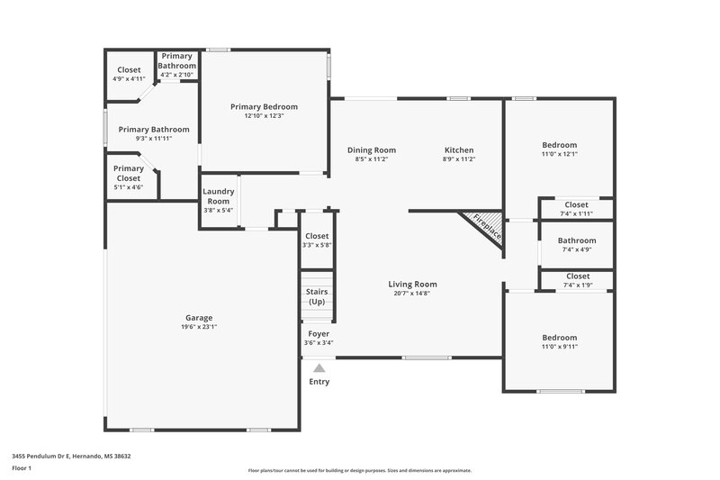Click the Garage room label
199,318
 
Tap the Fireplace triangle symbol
482,225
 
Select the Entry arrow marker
319,367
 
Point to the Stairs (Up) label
317,296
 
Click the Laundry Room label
219,195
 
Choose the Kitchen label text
458,149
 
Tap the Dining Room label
372,149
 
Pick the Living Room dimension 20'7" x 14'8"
412,294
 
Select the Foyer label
319,333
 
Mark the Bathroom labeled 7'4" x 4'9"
576,240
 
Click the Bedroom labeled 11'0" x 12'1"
559,145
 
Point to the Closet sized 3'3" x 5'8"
317,236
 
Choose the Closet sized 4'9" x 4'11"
129,69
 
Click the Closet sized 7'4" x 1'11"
576,204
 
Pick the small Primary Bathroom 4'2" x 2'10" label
177,61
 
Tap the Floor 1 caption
22,469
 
